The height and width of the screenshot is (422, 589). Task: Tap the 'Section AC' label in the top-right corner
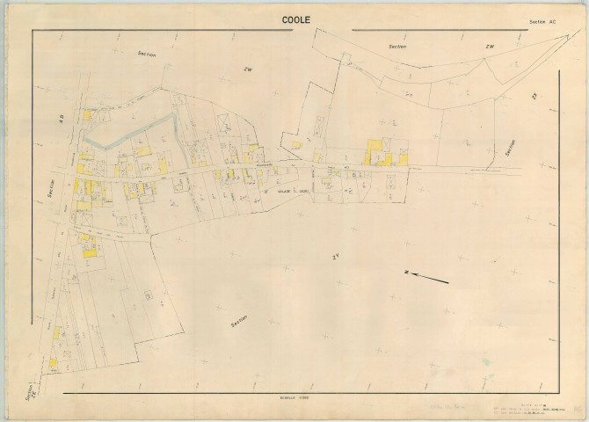point(542,21)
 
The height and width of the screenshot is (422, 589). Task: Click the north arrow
point(431,279)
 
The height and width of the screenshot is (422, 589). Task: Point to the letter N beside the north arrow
point(406,273)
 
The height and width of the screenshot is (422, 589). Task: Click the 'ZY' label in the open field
point(335,257)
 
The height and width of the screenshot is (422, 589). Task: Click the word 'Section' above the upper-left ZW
point(146,55)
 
